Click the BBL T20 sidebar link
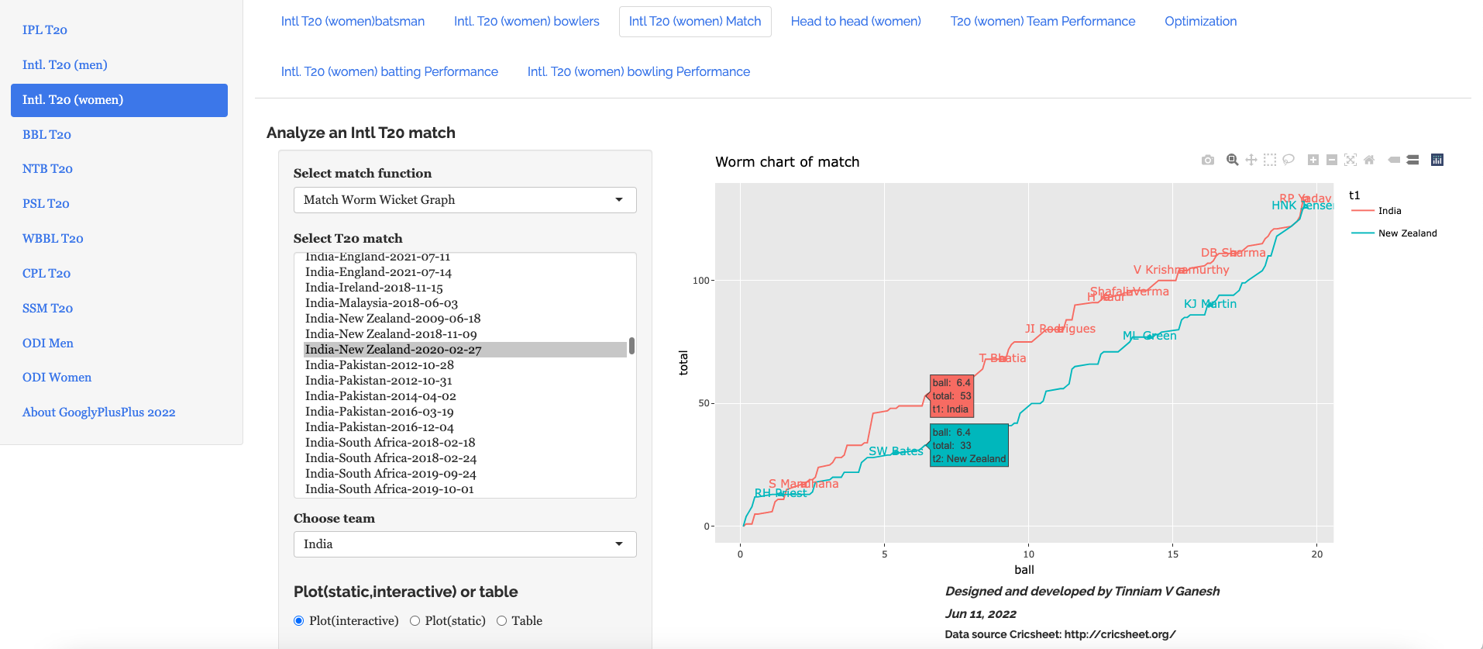pos(46,134)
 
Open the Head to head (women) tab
pos(855,22)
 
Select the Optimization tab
pos(1200,22)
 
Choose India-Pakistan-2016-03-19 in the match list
pos(379,412)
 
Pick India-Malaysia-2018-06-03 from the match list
pos(381,303)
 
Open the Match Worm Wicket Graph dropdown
pos(465,200)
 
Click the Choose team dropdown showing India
pos(465,544)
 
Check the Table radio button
pos(502,621)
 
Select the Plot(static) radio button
pos(415,621)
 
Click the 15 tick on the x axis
pos(1172,554)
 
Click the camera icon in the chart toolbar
pos(1207,161)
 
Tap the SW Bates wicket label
pos(896,451)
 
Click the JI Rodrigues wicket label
pos(1060,329)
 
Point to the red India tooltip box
pos(951,396)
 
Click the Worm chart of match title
pos(787,162)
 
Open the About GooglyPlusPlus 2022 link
pos(98,413)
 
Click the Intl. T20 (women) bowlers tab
pos(526,22)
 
